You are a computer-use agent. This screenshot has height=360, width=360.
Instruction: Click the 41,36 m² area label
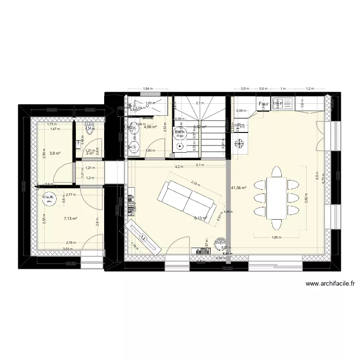pyautogui.click(x=239, y=188)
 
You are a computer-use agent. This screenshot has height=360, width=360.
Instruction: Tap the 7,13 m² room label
pyautogui.click(x=71, y=218)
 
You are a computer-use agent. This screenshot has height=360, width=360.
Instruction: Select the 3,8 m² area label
pyautogui.click(x=56, y=154)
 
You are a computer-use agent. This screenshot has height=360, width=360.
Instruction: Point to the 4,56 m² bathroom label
pyautogui.click(x=151, y=127)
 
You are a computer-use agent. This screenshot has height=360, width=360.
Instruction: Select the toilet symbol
pyautogui.click(x=90, y=128)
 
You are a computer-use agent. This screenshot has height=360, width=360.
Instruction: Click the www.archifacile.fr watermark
pyautogui.click(x=330, y=284)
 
